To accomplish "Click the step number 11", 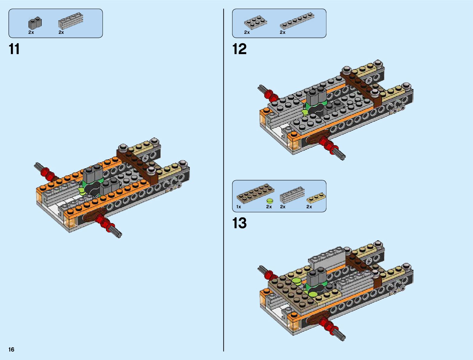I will (15, 49).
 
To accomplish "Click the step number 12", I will (239, 49).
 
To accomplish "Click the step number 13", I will (239, 223).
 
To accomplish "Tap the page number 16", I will (11, 350).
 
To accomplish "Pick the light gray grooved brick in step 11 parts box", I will (70, 21).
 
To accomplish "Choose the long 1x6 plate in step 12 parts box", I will (296, 21).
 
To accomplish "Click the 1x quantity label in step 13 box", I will (239, 207).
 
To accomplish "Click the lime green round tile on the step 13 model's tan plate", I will (296, 281).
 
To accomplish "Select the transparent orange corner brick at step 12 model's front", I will (293, 141).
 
